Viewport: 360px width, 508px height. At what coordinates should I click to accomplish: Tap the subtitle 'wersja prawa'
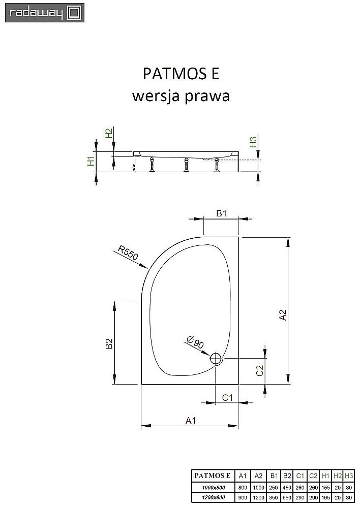tap(181, 96)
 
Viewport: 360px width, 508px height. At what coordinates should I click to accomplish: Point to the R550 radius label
tap(128, 252)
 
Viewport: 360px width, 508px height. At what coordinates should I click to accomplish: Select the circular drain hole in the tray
tap(216, 359)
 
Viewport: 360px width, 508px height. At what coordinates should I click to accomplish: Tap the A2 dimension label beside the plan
tap(283, 315)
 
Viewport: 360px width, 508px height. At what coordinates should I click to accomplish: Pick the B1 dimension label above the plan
tap(221, 214)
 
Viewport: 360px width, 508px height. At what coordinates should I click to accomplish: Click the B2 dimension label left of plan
tap(108, 344)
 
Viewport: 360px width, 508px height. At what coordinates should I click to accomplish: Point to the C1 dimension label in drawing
tap(227, 398)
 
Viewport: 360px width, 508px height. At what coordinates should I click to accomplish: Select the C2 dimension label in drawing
tap(259, 371)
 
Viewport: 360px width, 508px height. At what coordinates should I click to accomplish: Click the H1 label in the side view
tap(91, 162)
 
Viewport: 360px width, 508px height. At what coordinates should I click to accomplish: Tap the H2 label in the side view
tap(108, 134)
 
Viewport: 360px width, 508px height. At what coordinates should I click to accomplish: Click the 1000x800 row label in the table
tap(213, 487)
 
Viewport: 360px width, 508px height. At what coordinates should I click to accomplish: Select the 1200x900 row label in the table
tap(213, 497)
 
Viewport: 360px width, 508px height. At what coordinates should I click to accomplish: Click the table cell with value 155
tap(325, 487)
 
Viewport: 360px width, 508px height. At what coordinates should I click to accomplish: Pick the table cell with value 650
tap(287, 497)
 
